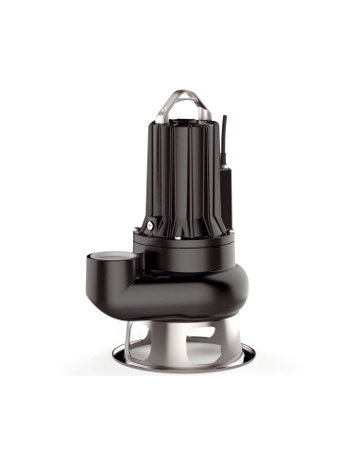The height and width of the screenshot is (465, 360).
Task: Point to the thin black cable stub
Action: (225, 132)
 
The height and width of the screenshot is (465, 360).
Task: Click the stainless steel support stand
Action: (180, 345)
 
